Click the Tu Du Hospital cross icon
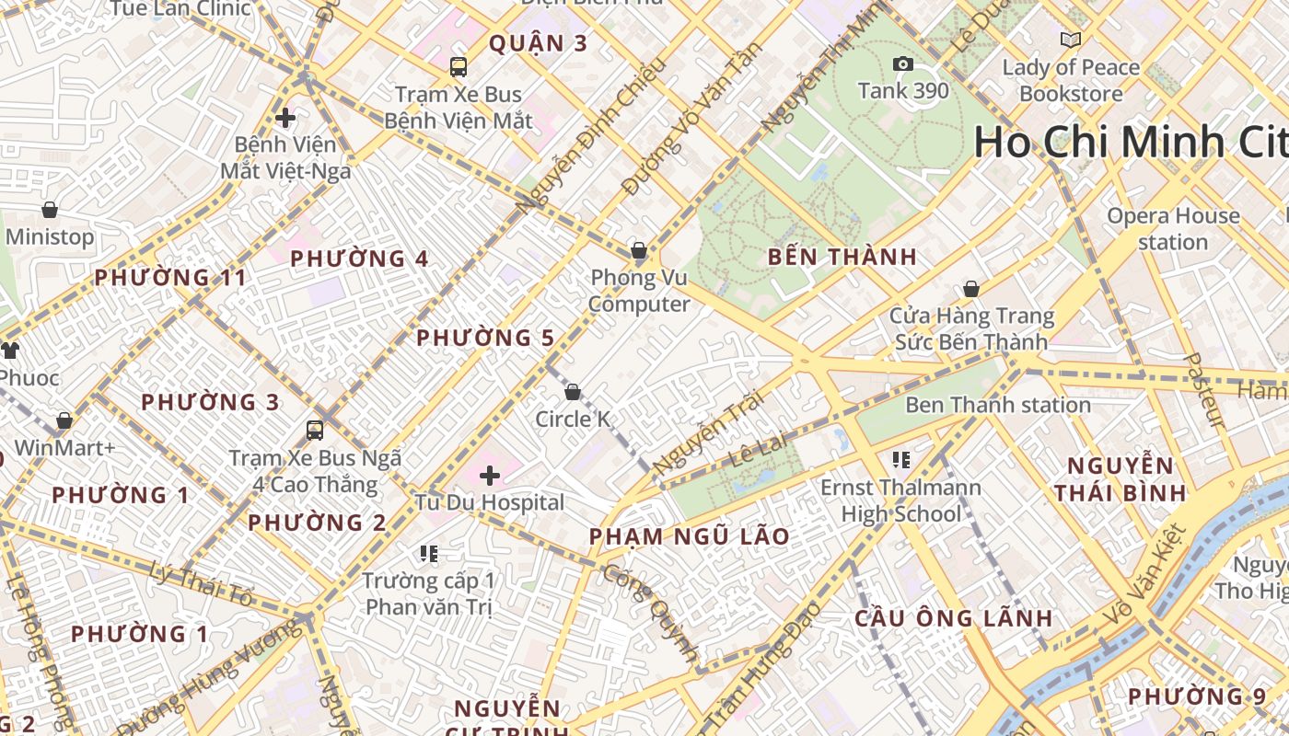[x=490, y=476]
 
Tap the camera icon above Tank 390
[x=903, y=63]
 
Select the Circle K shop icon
[x=573, y=393]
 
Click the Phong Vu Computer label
[x=639, y=291]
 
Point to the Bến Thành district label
[x=842, y=258]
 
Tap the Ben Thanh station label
[x=998, y=405]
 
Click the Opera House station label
[x=1173, y=229]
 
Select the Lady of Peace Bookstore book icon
[x=1070, y=40]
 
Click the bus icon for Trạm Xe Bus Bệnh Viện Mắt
[x=459, y=67]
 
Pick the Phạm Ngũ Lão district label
[x=689, y=536]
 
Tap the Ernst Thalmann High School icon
[x=901, y=459]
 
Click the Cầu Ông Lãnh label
[x=953, y=618]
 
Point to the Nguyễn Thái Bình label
[x=1121, y=478]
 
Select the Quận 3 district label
[x=538, y=43]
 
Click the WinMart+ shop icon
[x=64, y=421]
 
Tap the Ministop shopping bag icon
[x=50, y=210]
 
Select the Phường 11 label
[x=170, y=278]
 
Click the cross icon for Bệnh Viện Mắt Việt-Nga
[x=285, y=118]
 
